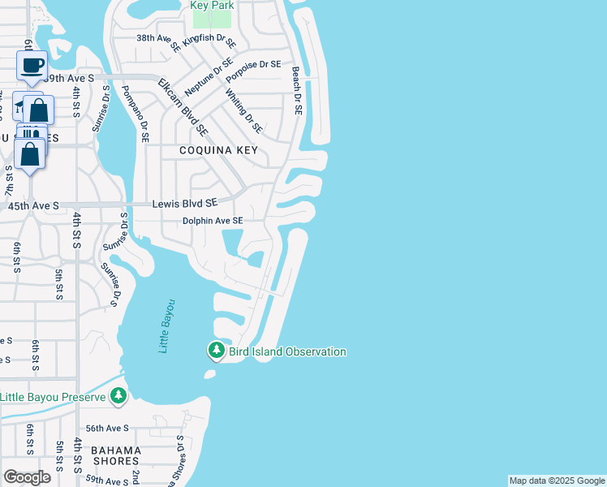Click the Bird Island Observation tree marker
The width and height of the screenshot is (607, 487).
tap(216, 351)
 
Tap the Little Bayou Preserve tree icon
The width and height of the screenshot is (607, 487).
tap(119, 396)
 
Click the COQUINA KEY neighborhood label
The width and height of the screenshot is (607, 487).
tap(219, 150)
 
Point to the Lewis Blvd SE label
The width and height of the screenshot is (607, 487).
tap(185, 204)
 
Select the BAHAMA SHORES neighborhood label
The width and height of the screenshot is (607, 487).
tap(115, 455)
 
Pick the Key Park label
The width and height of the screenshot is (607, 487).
tap(212, 6)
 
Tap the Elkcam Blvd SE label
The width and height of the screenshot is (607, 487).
tap(183, 106)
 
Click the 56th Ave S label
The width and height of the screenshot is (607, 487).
tap(107, 428)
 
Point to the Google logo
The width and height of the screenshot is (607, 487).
tap(27, 477)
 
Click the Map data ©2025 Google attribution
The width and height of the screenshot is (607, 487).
tap(557, 481)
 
